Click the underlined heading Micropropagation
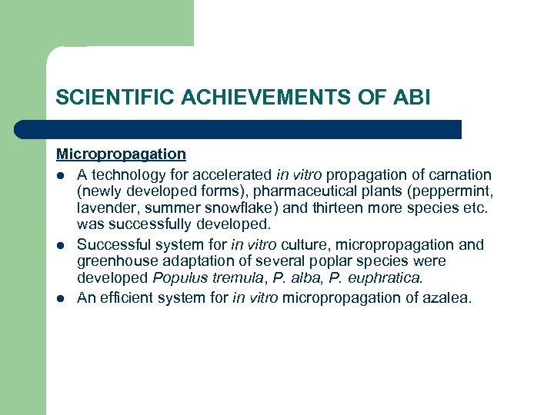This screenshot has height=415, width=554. tap(121, 154)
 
